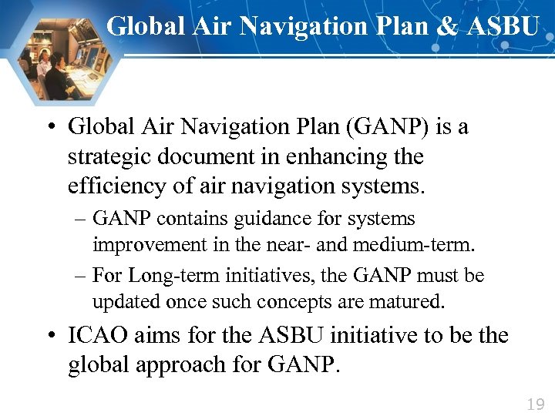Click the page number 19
point(535,404)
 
